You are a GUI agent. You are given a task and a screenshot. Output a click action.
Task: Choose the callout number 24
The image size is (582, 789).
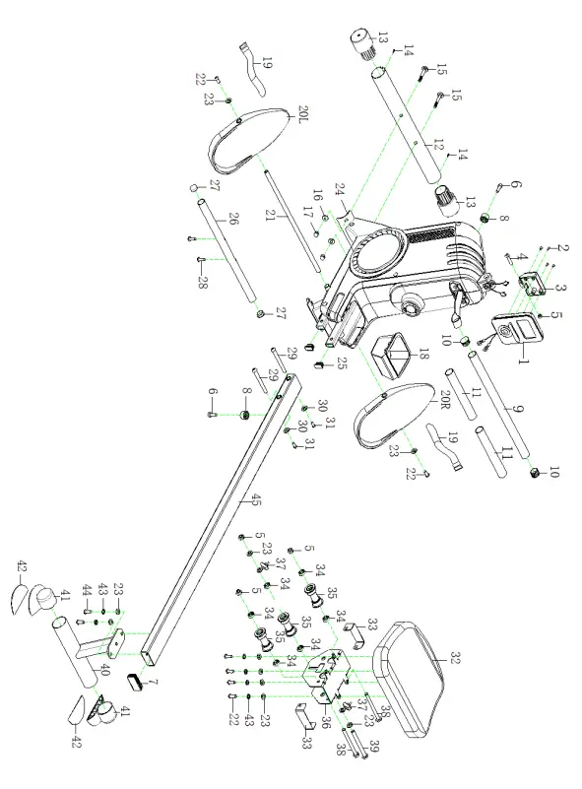coord(339,190)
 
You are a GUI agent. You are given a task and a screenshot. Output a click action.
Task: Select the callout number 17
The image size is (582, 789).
coord(307,213)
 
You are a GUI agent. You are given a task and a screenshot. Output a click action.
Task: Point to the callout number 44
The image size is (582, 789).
coord(87,589)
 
